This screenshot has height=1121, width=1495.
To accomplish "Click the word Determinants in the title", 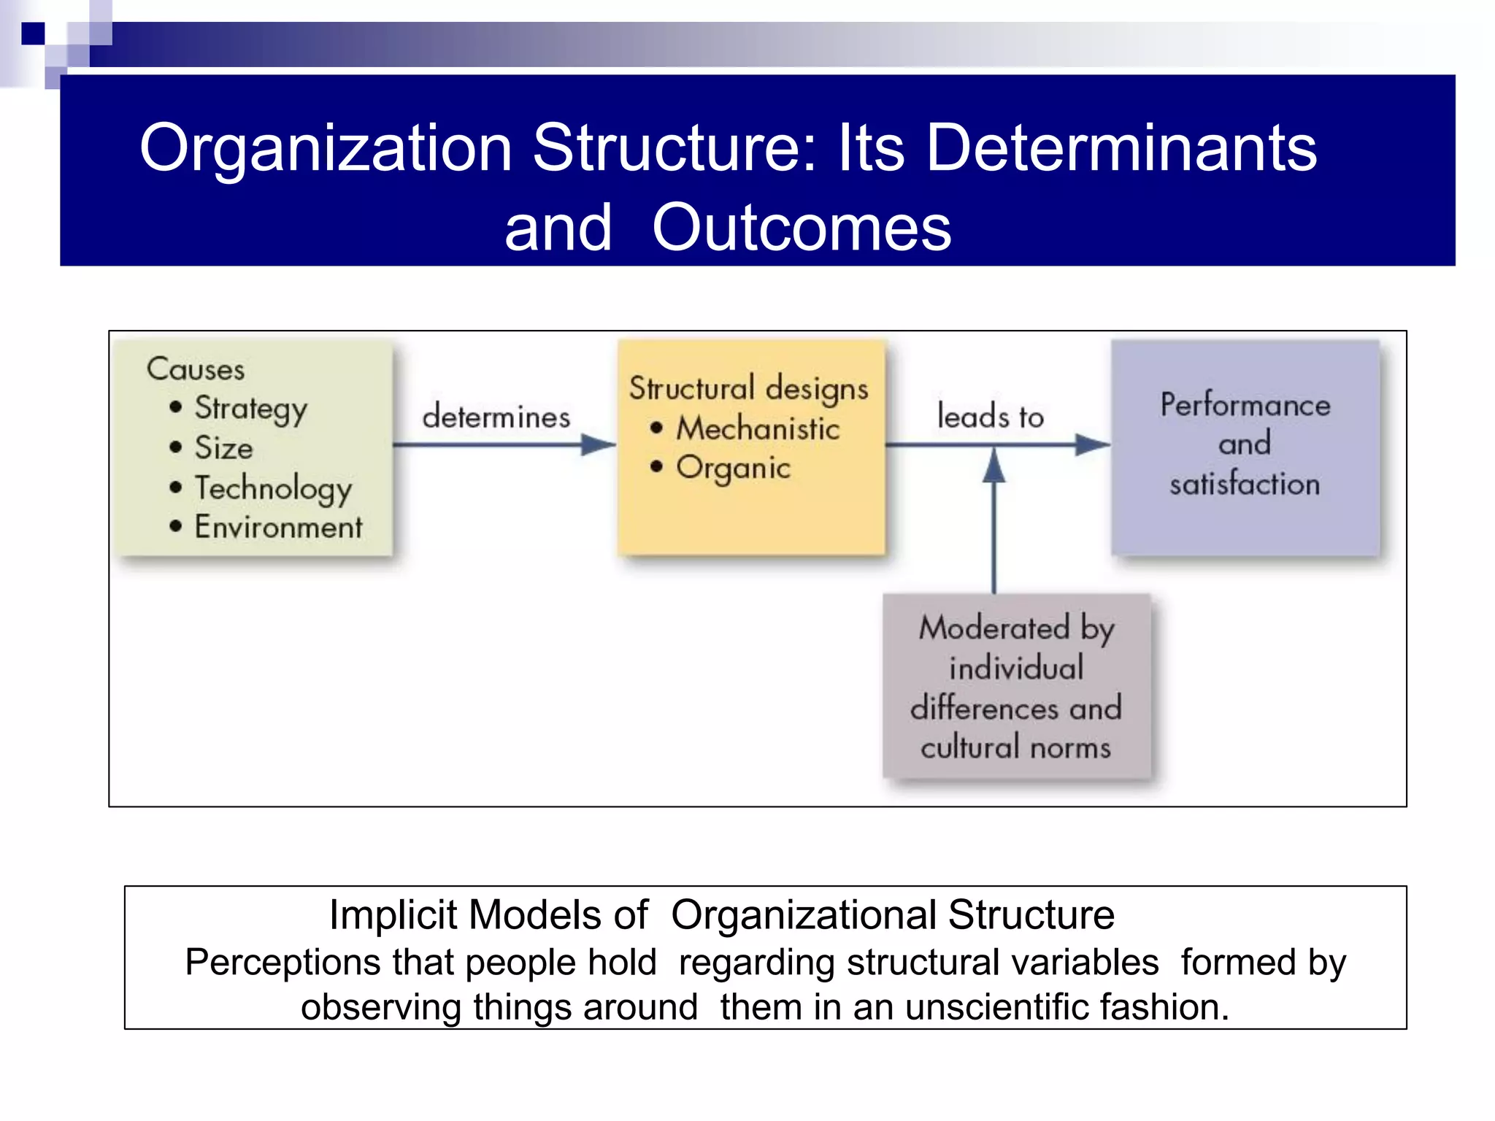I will (1121, 149).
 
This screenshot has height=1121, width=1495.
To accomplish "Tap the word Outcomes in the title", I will (801, 228).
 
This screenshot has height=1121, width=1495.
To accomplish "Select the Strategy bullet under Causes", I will (250, 409).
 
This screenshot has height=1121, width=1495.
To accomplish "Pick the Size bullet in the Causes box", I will (223, 448).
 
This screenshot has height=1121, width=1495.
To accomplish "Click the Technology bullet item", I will (273, 488).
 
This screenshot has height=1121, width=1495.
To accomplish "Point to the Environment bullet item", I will (278, 527).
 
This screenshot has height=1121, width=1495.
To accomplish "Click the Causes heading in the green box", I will (196, 369).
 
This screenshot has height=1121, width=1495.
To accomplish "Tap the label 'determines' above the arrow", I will (496, 417).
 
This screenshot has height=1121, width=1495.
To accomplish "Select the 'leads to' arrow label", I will (991, 417).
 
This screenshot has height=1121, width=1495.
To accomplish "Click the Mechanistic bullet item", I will (758, 428).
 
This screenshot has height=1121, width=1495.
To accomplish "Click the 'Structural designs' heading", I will (749, 389).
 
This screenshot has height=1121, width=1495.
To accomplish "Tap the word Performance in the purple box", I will (1245, 405).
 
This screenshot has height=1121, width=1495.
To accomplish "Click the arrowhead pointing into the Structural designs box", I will (599, 444).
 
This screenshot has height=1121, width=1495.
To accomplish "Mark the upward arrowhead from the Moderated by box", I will (994, 466).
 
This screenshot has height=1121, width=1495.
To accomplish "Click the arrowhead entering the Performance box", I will (1093, 444).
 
